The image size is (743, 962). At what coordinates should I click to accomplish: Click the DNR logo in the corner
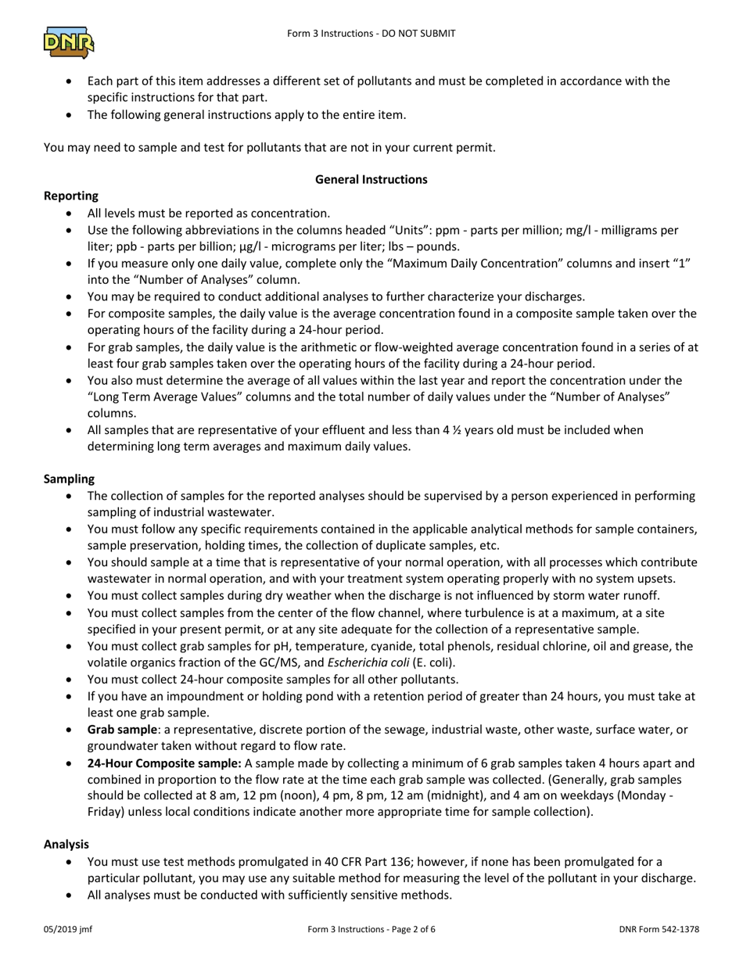click(x=69, y=42)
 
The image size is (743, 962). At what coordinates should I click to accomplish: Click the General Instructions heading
click(x=371, y=179)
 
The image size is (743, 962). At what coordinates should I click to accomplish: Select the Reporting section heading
click(x=71, y=196)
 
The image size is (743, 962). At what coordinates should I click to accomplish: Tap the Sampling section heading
click(x=69, y=478)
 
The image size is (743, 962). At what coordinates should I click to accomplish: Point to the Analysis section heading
click(x=66, y=844)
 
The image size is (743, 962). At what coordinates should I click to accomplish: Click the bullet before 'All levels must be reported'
click(x=72, y=214)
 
